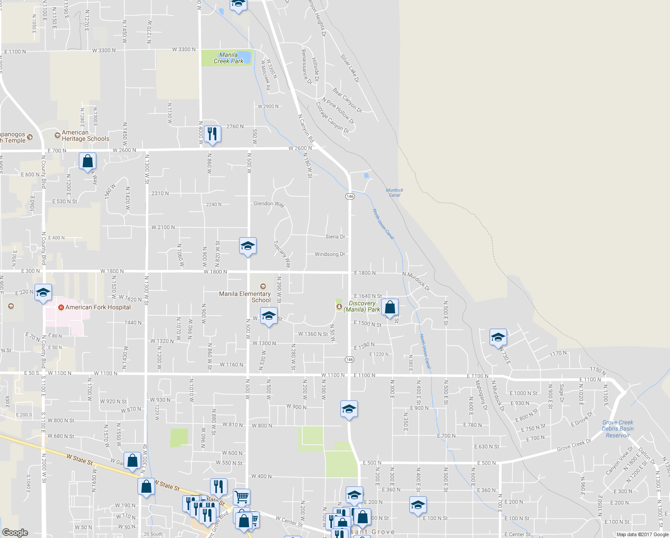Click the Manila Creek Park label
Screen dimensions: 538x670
tap(228, 58)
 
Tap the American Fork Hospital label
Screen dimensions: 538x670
tap(98, 307)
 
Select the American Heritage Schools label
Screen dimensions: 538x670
tap(85, 135)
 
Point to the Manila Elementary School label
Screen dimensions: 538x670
tap(245, 297)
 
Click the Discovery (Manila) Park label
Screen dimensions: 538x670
tap(362, 306)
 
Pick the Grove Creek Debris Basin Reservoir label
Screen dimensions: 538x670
tap(618, 429)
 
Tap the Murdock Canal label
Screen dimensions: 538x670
tap(395, 192)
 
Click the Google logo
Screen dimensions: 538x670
tap(15, 533)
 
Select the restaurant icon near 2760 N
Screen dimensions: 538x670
tap(212, 134)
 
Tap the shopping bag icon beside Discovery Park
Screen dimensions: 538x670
tap(390, 308)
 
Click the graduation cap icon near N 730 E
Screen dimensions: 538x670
tap(498, 338)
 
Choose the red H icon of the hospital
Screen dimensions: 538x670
tap(61, 307)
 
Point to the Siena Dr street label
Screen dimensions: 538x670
tap(335, 236)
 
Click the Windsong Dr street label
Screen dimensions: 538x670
tap(330, 254)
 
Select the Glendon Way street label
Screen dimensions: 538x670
tap(269, 204)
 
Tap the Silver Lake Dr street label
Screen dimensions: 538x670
tap(349, 68)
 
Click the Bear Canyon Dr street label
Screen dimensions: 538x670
tap(347, 100)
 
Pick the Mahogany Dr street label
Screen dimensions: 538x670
tap(481, 395)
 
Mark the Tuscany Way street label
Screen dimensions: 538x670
tap(282, 254)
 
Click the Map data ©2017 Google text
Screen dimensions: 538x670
tap(642, 534)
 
